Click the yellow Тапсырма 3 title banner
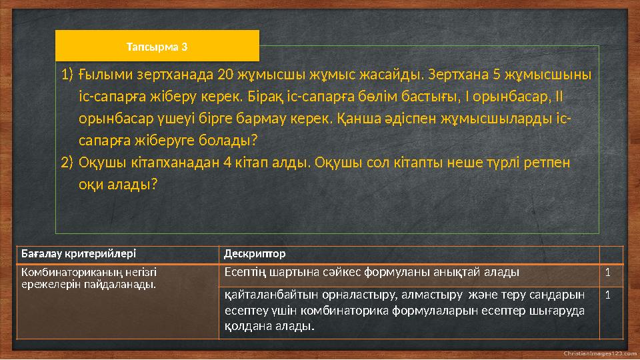pyautogui.click(x=157, y=47)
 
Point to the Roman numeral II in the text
pyautogui.click(x=558, y=97)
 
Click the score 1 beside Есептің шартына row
pyautogui.click(x=607, y=272)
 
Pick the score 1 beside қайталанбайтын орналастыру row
pyautogui.click(x=607, y=294)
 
